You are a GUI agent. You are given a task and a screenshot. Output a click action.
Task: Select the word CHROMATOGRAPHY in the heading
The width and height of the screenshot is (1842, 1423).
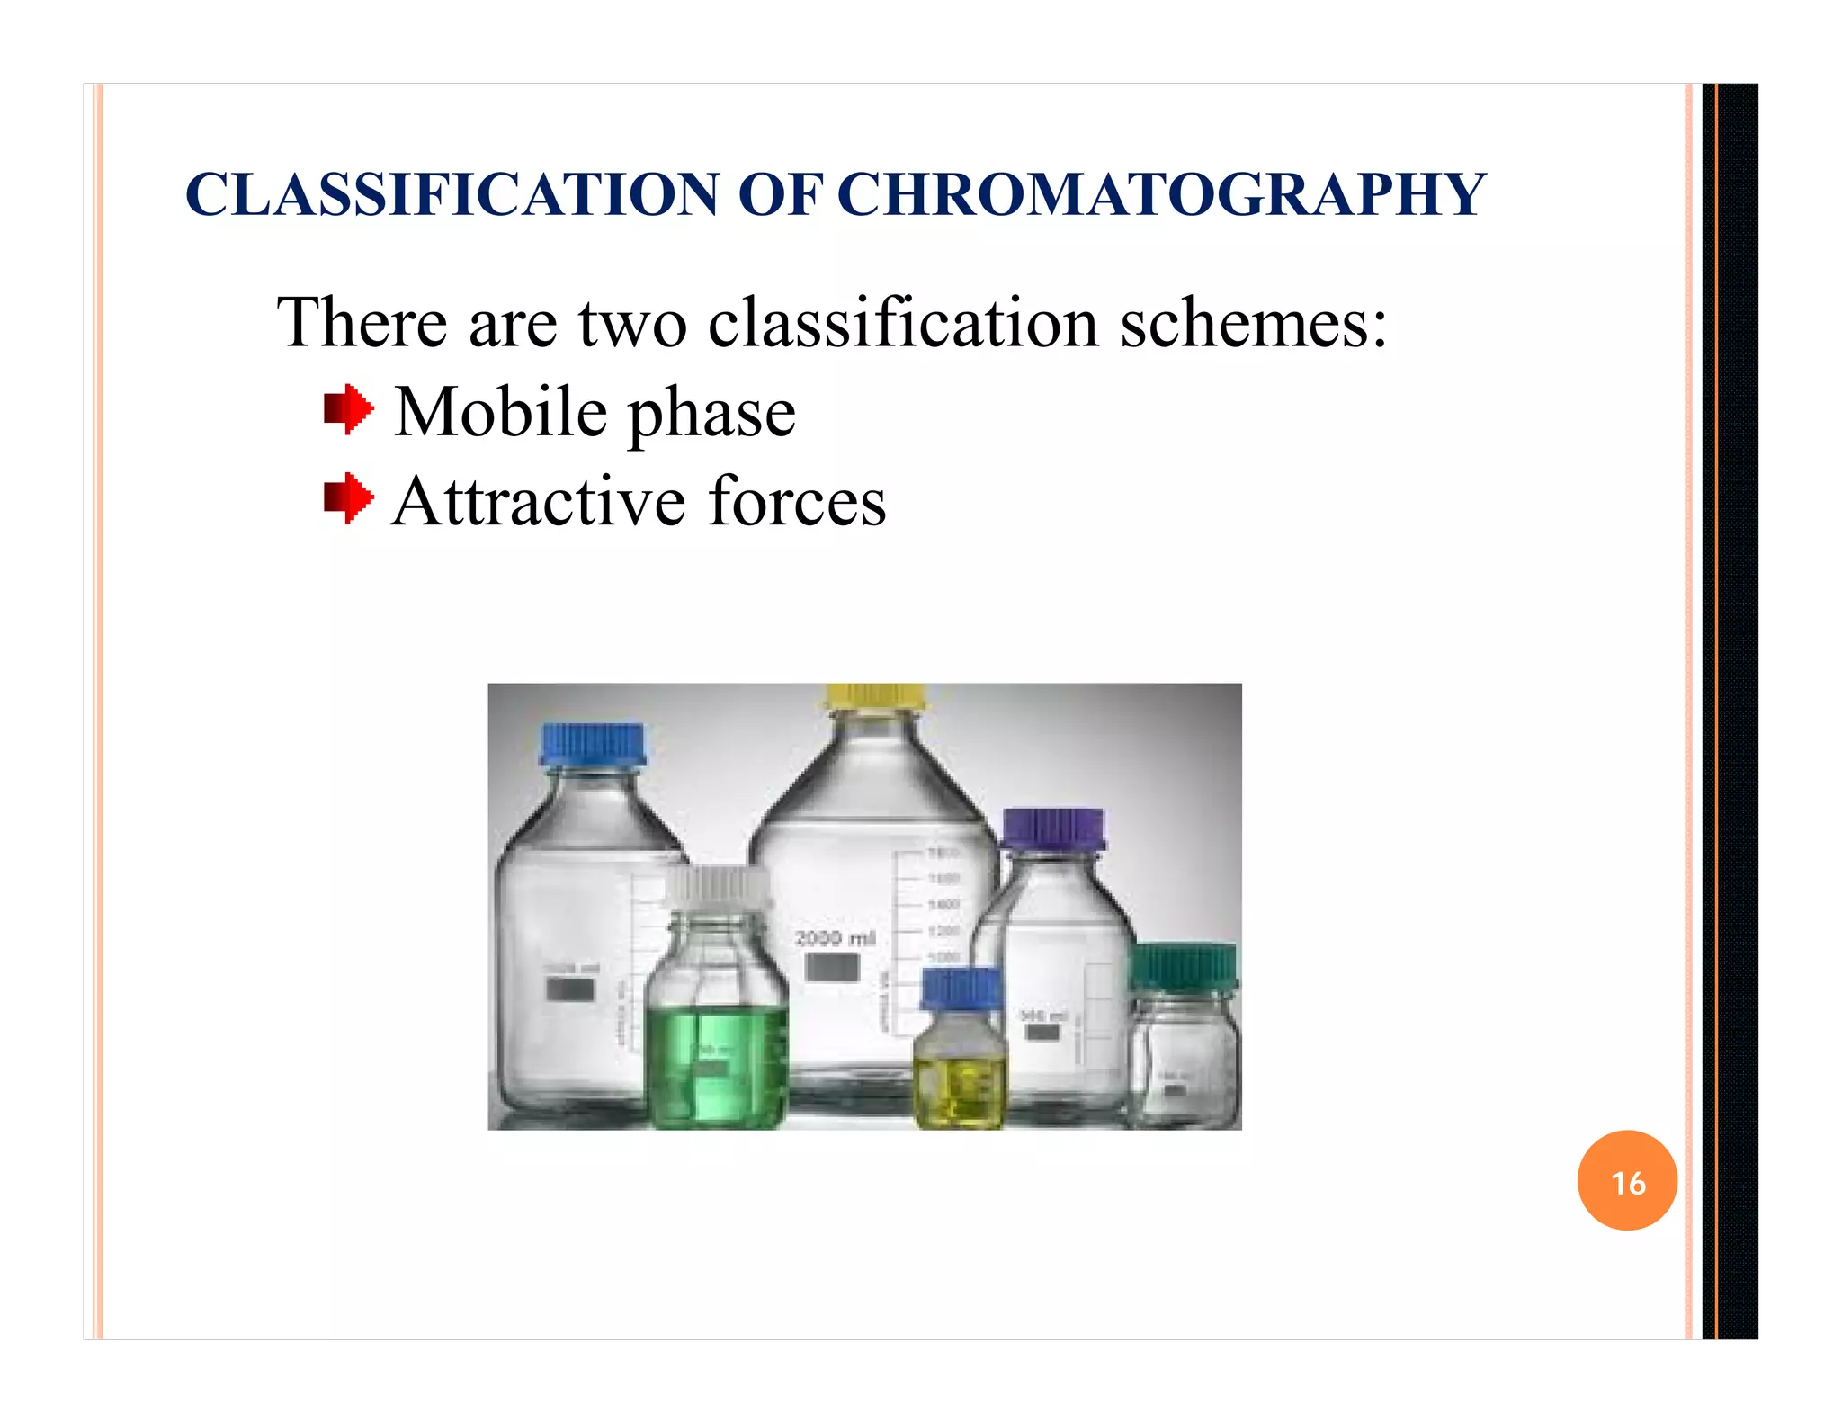click(x=1161, y=195)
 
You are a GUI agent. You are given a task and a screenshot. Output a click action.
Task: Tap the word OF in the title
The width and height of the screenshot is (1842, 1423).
click(x=780, y=195)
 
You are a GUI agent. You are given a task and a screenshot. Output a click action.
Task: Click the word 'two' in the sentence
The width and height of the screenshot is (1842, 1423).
click(x=631, y=323)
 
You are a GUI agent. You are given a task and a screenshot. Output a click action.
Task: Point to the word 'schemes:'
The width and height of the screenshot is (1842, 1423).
click(x=1253, y=323)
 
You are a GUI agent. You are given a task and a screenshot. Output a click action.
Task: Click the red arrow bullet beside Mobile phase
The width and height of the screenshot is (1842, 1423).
click(x=348, y=411)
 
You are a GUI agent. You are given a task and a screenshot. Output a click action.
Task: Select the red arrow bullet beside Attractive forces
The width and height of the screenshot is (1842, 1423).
click(x=348, y=498)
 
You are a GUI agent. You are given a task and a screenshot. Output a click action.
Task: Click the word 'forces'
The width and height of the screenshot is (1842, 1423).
click(x=797, y=501)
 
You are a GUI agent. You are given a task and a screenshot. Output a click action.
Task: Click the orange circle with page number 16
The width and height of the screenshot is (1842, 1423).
click(x=1627, y=1181)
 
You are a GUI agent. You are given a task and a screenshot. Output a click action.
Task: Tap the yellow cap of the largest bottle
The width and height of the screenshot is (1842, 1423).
click(x=875, y=696)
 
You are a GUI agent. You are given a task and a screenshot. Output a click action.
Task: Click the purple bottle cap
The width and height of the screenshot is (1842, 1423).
click(x=1053, y=828)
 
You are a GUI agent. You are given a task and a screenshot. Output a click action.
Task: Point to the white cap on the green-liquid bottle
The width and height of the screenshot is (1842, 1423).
click(x=717, y=890)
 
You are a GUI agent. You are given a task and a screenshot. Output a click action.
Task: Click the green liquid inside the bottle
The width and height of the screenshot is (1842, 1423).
click(x=717, y=1066)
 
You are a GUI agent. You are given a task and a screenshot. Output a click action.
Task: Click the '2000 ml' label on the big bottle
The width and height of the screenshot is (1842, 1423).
click(x=835, y=939)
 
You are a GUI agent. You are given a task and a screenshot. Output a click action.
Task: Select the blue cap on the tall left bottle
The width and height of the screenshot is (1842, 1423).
click(x=593, y=745)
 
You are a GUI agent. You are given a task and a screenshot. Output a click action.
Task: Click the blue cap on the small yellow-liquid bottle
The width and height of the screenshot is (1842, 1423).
click(x=961, y=989)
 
